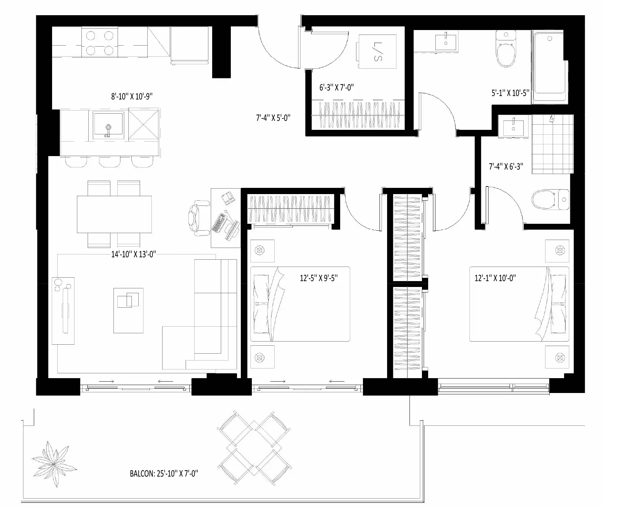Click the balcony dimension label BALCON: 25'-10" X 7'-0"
click(x=164, y=473)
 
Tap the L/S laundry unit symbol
click(x=377, y=51)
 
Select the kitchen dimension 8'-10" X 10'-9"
click(x=132, y=96)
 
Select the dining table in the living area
click(x=114, y=214)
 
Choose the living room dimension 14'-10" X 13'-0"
click(x=134, y=255)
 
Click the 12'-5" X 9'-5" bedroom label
click(x=319, y=278)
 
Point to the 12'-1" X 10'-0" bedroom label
click(x=495, y=278)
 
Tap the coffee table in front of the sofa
click(x=128, y=310)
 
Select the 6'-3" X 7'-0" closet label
click(x=337, y=88)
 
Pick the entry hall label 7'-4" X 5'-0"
click(x=273, y=118)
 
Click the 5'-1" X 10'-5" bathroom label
click(x=510, y=93)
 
